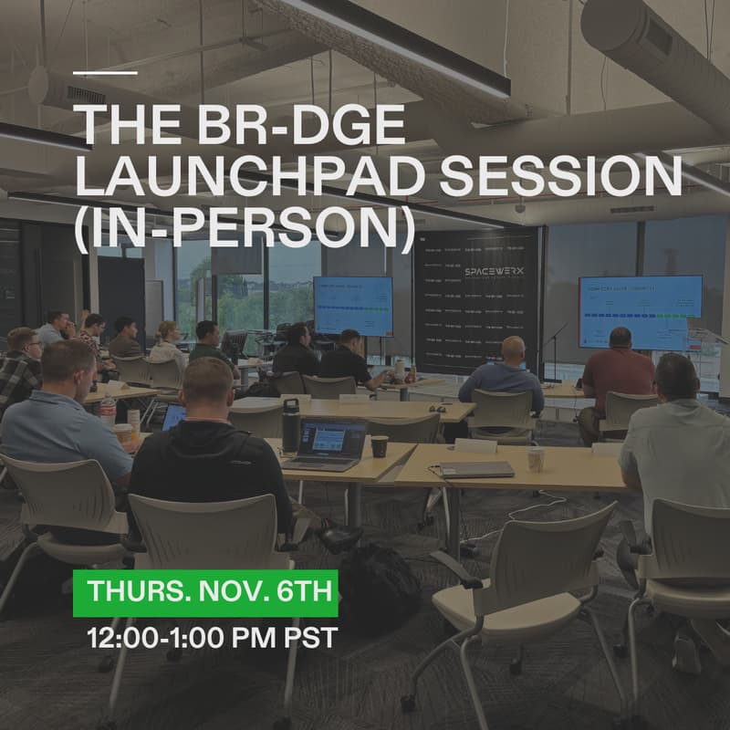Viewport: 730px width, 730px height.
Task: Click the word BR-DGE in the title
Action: (x=279, y=127)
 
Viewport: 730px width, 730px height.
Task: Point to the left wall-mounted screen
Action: (x=352, y=306)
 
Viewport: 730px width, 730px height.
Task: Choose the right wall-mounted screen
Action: (x=640, y=309)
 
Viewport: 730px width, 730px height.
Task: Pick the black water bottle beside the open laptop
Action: (x=290, y=426)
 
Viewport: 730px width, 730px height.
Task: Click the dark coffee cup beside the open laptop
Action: (x=379, y=445)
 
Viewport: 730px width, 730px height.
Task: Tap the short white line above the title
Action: (x=105, y=72)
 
